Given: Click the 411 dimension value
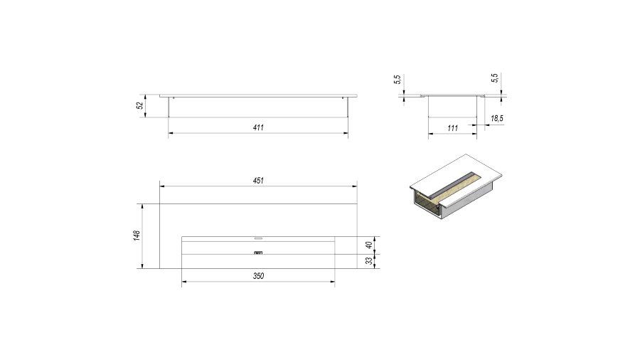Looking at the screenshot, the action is tap(258, 127).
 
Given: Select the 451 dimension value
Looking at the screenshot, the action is tap(258, 181).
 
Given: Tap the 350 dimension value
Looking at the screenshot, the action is tap(258, 276).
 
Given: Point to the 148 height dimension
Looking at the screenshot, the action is tap(137, 235).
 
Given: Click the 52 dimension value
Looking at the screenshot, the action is tap(140, 105).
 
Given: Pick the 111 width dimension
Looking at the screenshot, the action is tap(453, 128).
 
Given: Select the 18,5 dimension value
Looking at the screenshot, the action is tap(497, 118).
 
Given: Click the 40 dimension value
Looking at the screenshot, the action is tap(369, 245).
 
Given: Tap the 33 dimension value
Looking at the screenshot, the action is tap(369, 261).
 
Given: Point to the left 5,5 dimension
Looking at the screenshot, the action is tap(398, 80).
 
